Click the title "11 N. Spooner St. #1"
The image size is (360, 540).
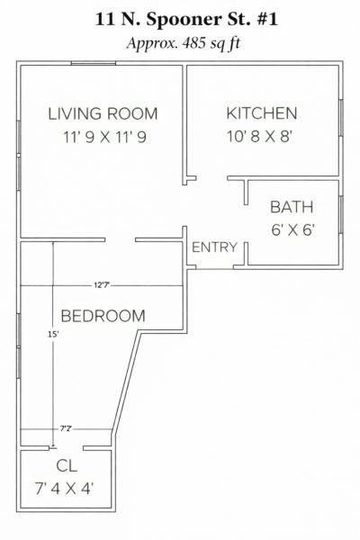(186, 19)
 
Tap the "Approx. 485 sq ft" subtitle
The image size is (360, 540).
(183, 44)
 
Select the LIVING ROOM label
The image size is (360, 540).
(103, 114)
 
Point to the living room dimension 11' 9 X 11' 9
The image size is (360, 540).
(104, 137)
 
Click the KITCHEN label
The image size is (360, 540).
(262, 113)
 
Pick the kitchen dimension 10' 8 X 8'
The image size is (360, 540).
(259, 137)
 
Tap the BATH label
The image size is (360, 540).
(292, 207)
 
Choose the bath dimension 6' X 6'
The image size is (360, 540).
(292, 229)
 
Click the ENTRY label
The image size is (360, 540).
(214, 247)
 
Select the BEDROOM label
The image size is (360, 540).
(103, 316)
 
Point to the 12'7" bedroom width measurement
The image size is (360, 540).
(100, 285)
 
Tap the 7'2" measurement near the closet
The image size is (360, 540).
(66, 429)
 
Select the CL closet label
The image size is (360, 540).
(67, 465)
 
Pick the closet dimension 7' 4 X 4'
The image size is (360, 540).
(64, 489)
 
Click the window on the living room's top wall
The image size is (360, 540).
(94, 63)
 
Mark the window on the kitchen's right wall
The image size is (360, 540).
(341, 117)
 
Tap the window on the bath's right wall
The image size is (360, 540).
(341, 214)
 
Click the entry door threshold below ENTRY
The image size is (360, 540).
(214, 268)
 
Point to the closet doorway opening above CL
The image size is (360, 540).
(66, 448)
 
